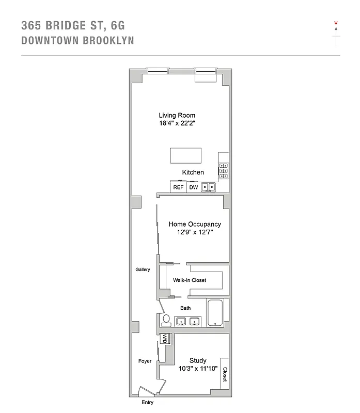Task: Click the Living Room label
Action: [177, 115]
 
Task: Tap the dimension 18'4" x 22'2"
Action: [177, 124]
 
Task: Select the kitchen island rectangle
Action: [186, 155]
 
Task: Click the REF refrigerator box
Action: [178, 187]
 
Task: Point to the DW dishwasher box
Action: [194, 187]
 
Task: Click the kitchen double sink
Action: [209, 187]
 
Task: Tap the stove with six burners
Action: [224, 170]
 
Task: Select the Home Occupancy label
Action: [195, 224]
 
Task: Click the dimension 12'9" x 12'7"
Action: [195, 233]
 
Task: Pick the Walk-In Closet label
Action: [190, 280]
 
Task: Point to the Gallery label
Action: [143, 269]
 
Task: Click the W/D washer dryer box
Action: [165, 339]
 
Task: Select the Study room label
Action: [198, 360]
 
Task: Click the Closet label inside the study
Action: [225, 374]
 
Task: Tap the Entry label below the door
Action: [147, 403]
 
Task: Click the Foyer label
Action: [145, 361]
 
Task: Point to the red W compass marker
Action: [336, 23]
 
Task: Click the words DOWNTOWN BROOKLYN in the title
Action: [78, 40]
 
